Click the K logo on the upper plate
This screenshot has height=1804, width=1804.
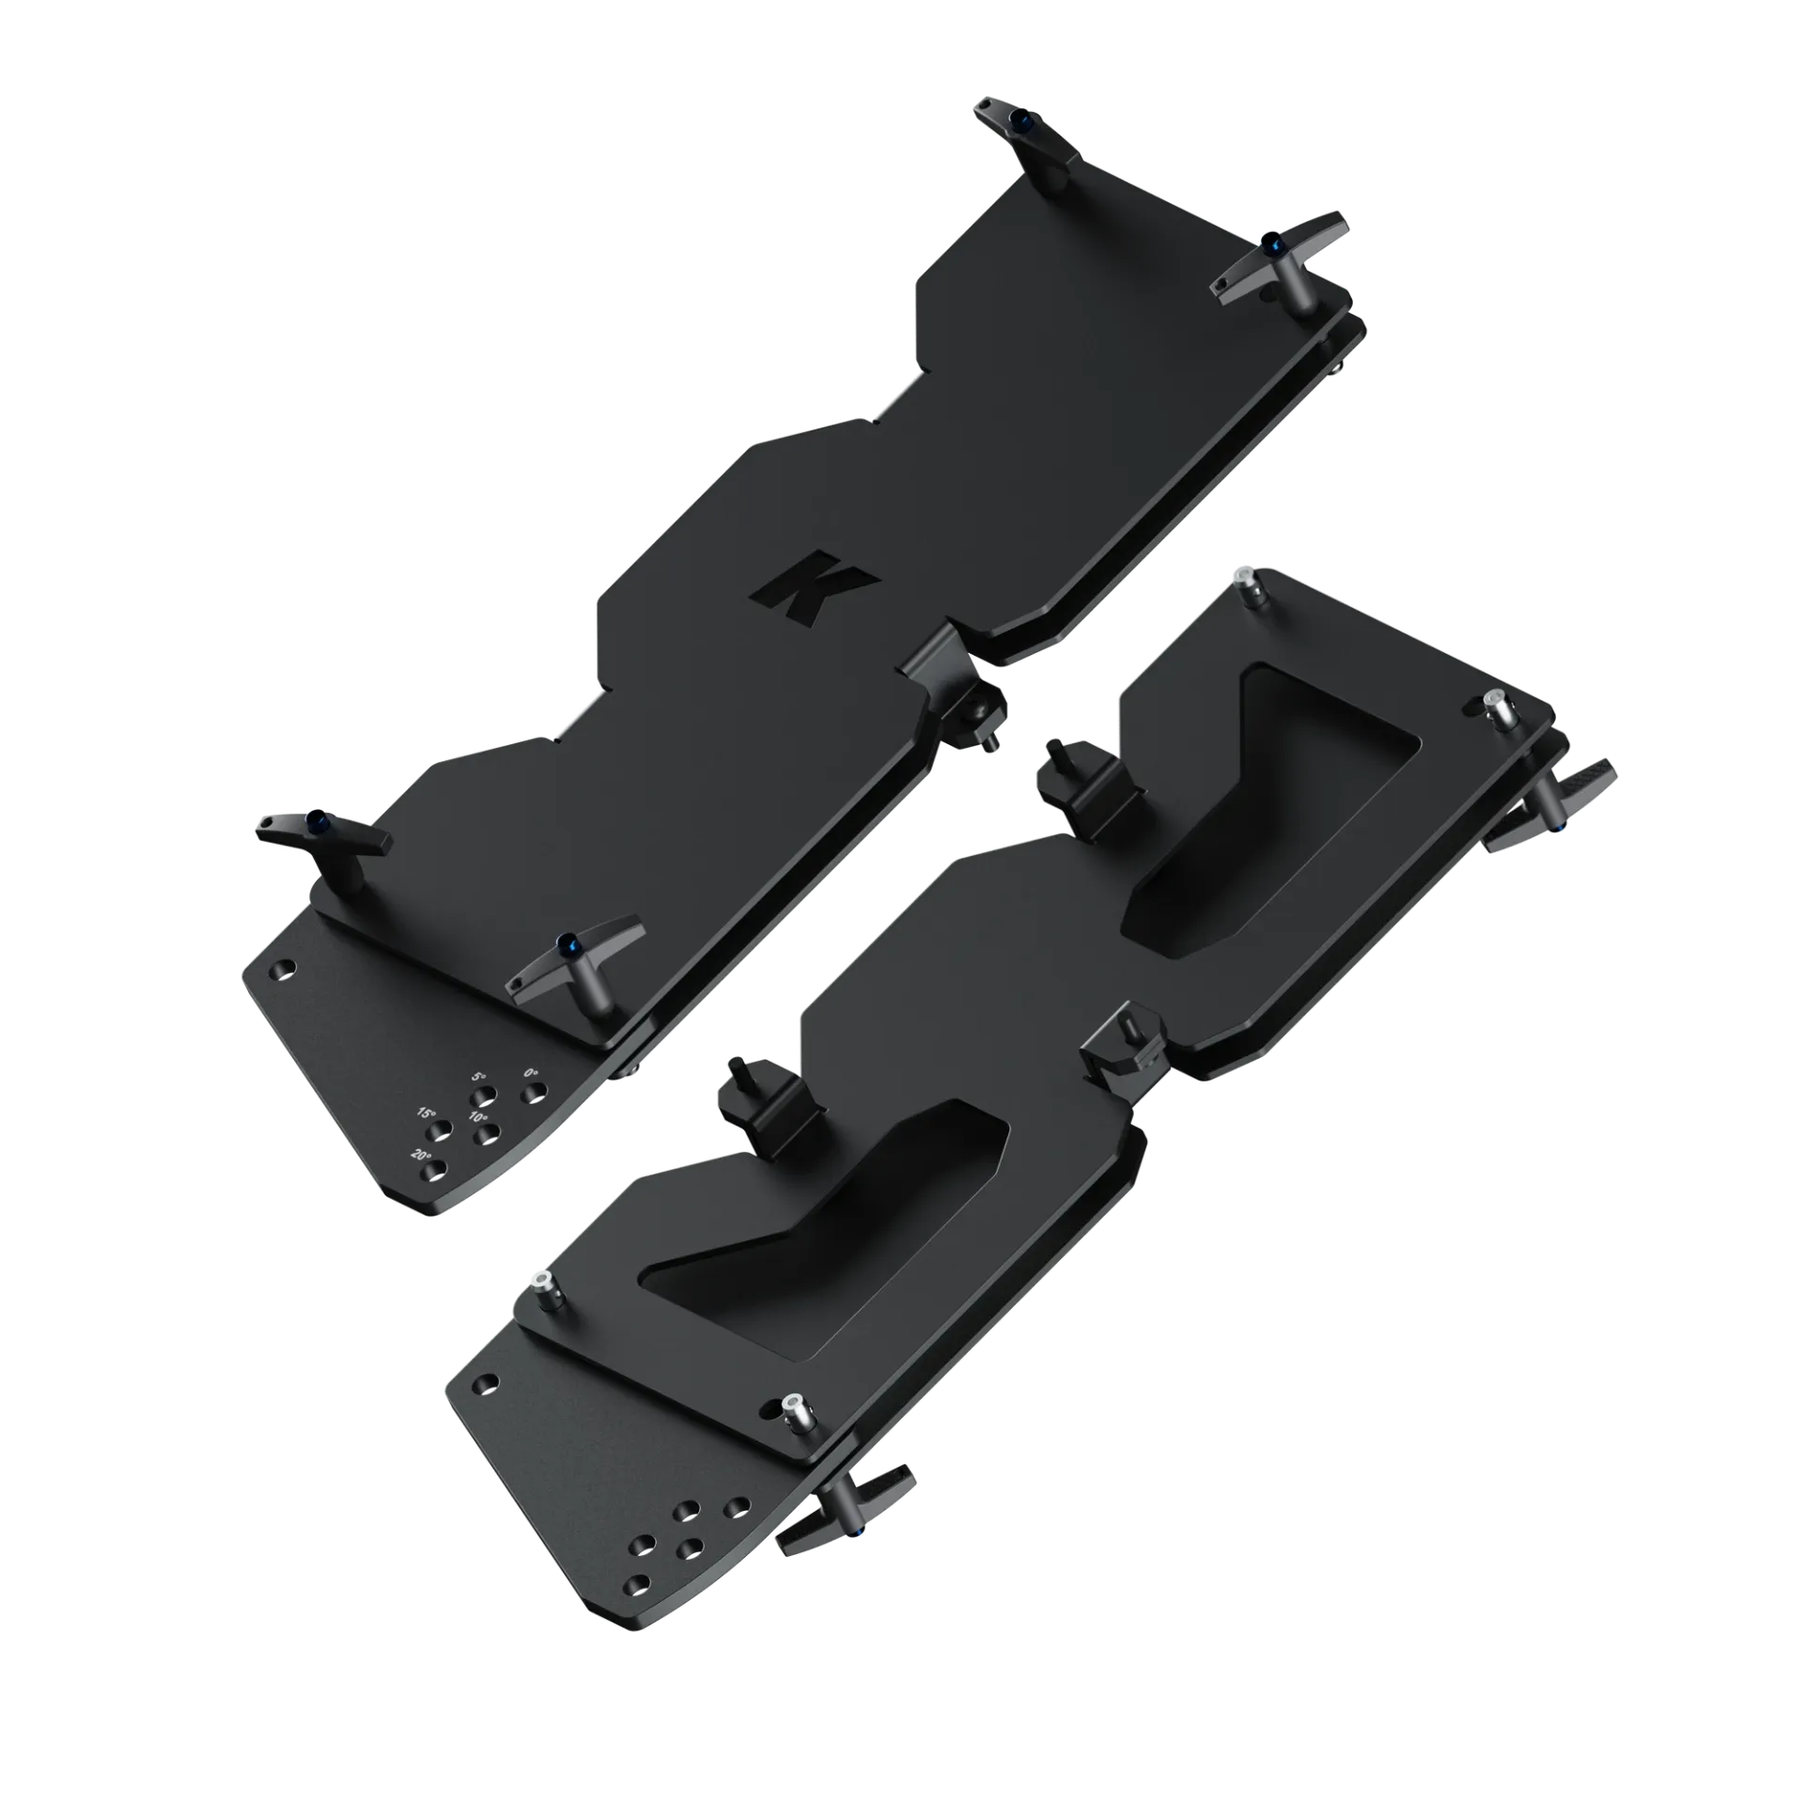[814, 585]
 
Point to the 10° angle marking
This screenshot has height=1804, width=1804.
[477, 1118]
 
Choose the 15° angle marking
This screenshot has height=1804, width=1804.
[427, 1112]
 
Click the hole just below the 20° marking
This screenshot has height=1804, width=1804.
[435, 1171]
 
